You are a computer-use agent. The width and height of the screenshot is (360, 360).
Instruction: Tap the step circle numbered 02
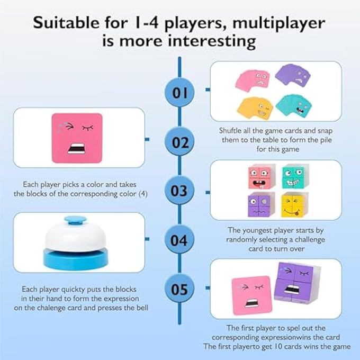[x=181, y=142]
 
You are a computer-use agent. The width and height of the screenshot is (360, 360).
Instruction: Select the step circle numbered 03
[x=181, y=190]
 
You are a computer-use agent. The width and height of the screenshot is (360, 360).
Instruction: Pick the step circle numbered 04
[x=181, y=240]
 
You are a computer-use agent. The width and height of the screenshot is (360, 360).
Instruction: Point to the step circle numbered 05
[x=181, y=289]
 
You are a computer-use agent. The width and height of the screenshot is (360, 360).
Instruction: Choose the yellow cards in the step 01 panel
[x=254, y=107]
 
